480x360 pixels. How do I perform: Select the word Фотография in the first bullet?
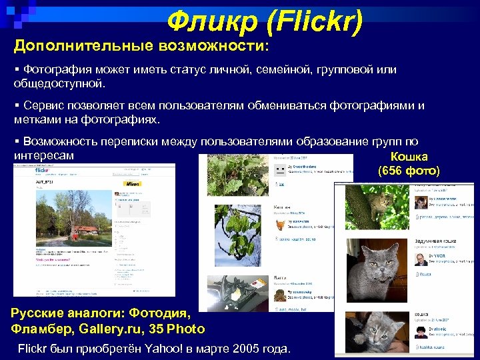66,70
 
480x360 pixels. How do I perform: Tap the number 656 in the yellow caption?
393,171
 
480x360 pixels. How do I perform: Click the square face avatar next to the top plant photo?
281,171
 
